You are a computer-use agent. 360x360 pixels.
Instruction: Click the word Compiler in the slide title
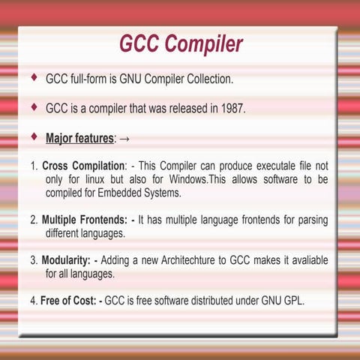[x=203, y=44]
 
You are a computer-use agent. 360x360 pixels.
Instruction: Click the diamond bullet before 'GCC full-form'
[x=34, y=77]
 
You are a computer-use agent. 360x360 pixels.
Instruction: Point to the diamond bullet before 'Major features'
[x=34, y=136]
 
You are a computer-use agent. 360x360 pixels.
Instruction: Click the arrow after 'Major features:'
[x=124, y=139]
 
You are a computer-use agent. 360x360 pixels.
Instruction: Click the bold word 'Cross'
[x=55, y=166]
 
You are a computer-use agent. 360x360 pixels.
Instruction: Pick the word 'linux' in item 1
[x=94, y=179]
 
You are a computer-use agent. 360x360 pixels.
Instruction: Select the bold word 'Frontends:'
[x=103, y=220]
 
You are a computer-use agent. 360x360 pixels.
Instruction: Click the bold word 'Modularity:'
[x=66, y=260]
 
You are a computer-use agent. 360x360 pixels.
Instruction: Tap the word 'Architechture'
[x=188, y=260]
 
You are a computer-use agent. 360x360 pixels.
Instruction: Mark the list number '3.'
[x=34, y=260]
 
